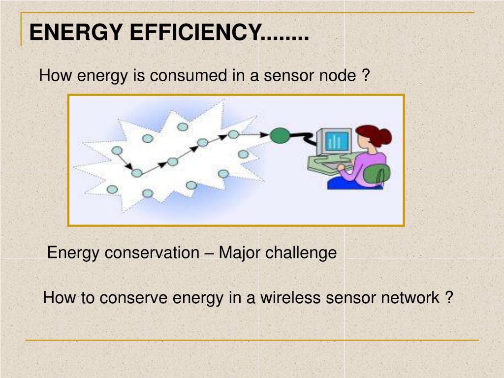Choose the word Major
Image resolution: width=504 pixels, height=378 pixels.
[240, 253]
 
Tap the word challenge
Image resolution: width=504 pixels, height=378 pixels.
[301, 253]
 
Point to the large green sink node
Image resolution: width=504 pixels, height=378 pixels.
[280, 135]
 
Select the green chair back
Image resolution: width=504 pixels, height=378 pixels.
[378, 173]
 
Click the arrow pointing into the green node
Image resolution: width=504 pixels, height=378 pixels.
[255, 134]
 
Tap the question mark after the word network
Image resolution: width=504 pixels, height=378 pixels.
[448, 298]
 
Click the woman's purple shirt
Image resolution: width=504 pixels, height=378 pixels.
[366, 167]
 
